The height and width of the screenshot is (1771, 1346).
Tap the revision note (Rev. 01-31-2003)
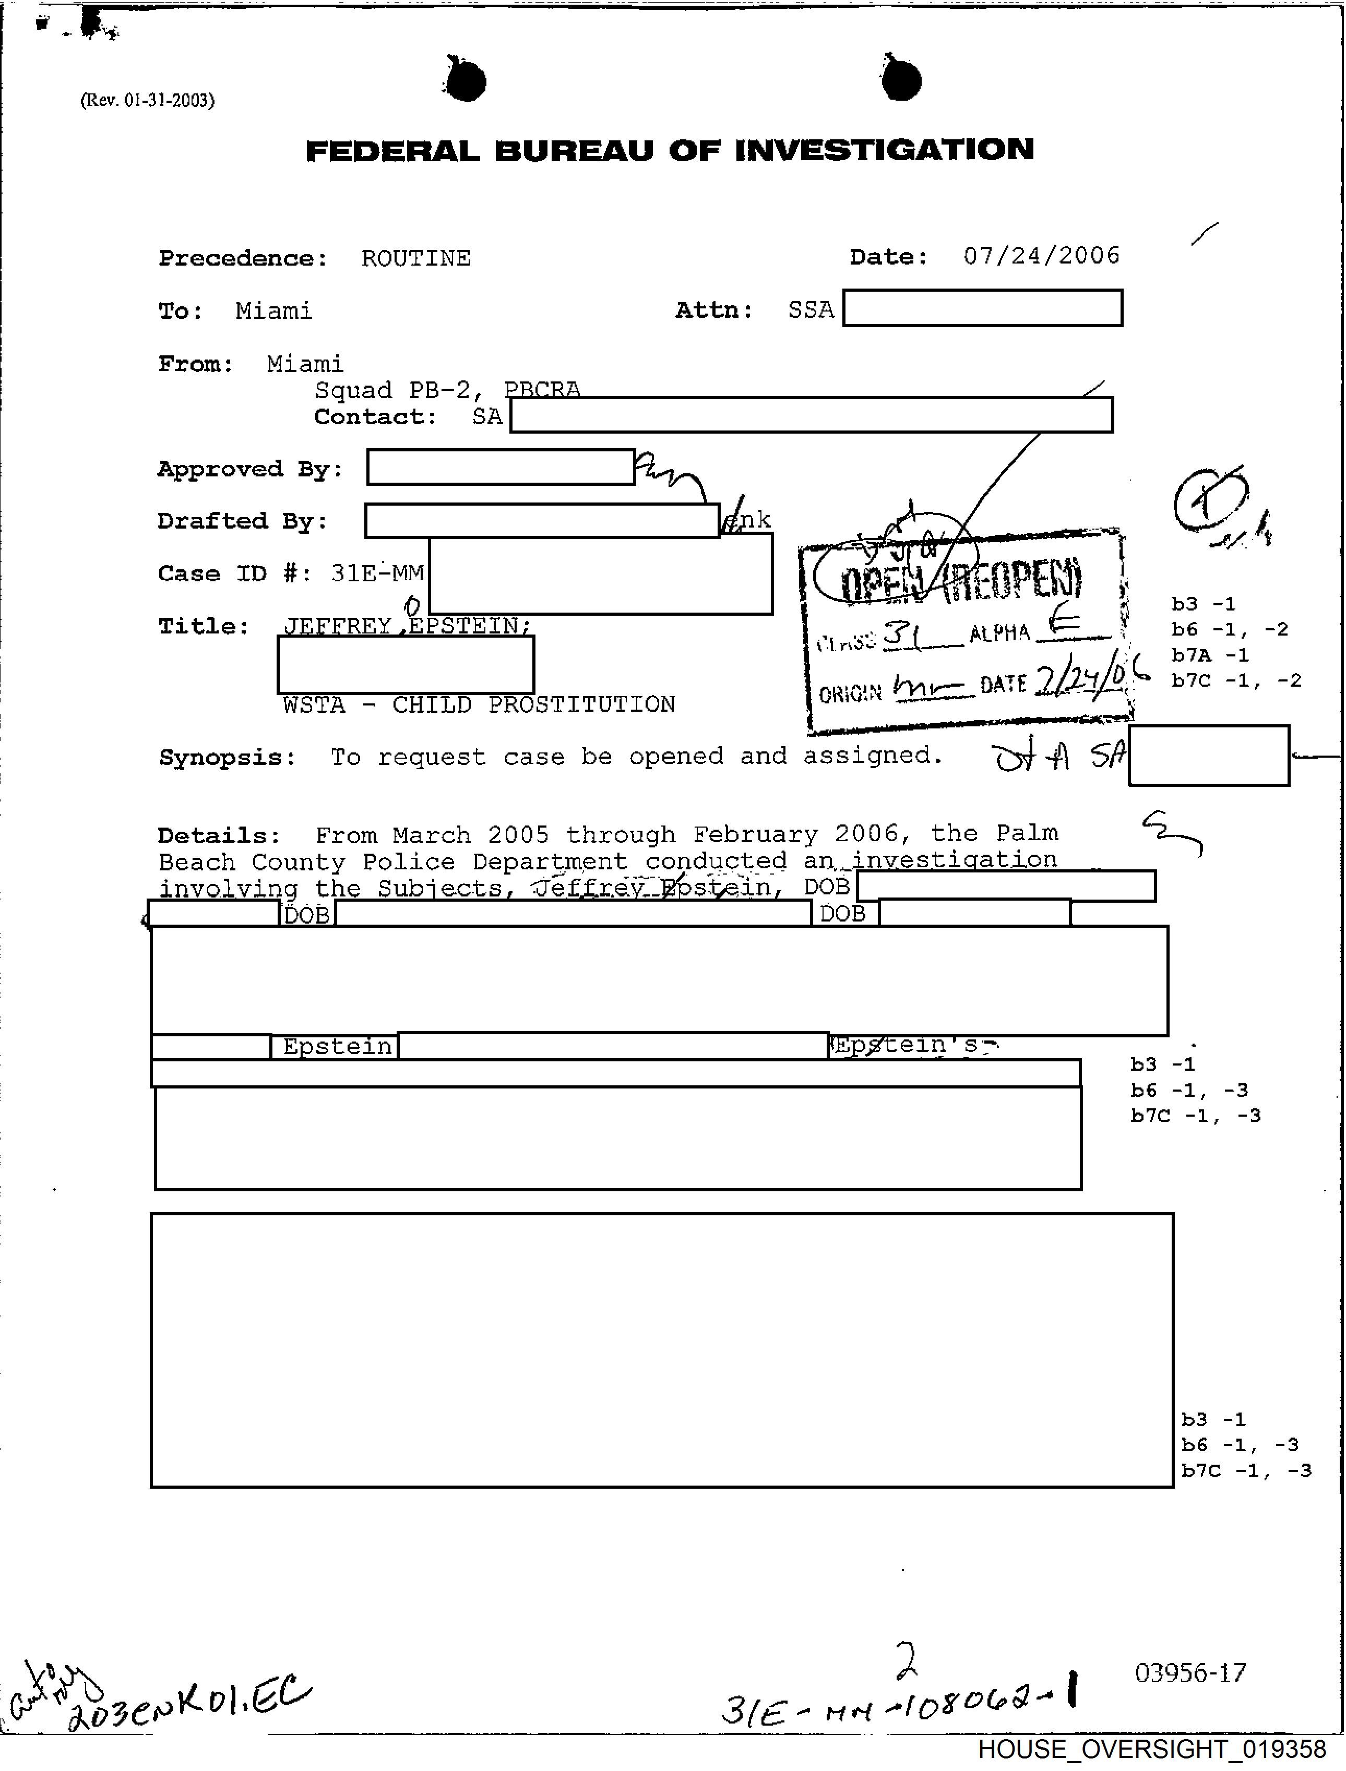tap(147, 100)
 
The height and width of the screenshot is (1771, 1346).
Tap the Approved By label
tap(251, 470)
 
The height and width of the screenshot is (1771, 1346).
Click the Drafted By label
tap(243, 521)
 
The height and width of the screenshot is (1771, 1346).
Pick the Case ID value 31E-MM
tap(377, 573)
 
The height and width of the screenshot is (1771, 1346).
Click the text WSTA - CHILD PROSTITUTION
tap(478, 705)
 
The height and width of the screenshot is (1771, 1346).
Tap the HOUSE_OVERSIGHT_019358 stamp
tap(1151, 1749)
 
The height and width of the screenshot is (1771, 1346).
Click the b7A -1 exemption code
tap(1210, 655)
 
